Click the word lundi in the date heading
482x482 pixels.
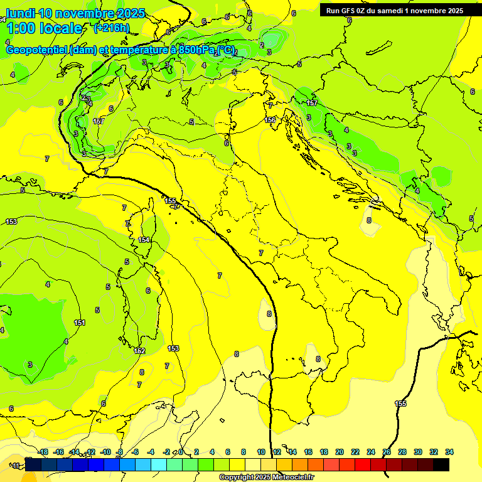(20, 13)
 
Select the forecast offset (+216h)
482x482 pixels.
(112, 28)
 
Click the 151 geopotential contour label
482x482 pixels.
(80, 323)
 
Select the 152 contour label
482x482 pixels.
(139, 351)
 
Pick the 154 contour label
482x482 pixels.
(144, 240)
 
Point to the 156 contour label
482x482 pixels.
(270, 120)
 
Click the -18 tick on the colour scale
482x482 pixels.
(43, 452)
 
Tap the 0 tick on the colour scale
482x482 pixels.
(181, 452)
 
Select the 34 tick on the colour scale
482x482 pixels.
(449, 452)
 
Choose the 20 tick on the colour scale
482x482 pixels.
(340, 452)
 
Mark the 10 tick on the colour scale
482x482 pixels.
(261, 452)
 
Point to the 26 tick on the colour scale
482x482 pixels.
(387, 452)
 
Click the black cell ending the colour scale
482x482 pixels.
(441, 464)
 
